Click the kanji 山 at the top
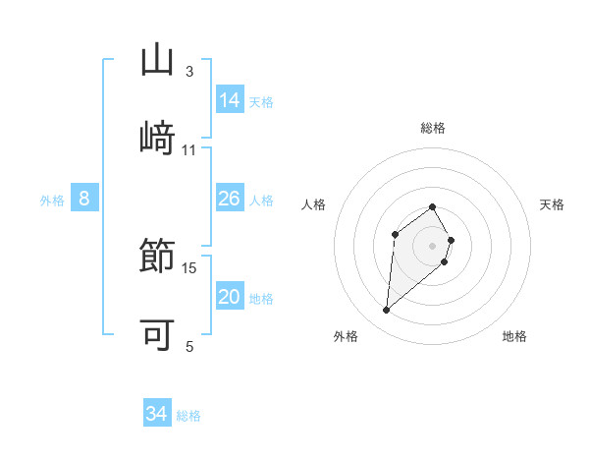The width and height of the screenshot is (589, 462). (157, 60)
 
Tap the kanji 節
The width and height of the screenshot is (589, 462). (157, 257)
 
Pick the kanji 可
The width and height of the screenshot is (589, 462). (157, 333)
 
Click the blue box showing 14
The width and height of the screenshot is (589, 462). (230, 100)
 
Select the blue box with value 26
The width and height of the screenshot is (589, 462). (230, 200)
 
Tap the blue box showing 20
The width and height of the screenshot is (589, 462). (230, 298)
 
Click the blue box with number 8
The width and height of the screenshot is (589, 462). (84, 200)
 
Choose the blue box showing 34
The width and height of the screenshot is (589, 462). (157, 414)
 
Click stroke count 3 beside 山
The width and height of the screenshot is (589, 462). (189, 72)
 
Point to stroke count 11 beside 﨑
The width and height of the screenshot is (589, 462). (189, 150)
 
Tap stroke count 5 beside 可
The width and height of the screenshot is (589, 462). (189, 346)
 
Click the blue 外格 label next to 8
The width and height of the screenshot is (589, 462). (52, 201)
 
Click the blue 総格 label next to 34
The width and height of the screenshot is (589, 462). (188, 416)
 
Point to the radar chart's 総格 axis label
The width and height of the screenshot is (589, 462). (433, 128)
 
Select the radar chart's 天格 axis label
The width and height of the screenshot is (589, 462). (552, 204)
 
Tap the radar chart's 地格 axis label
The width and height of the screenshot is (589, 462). (514, 336)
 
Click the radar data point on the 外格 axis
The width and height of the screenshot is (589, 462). (387, 311)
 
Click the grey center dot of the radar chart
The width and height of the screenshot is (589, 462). (433, 246)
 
